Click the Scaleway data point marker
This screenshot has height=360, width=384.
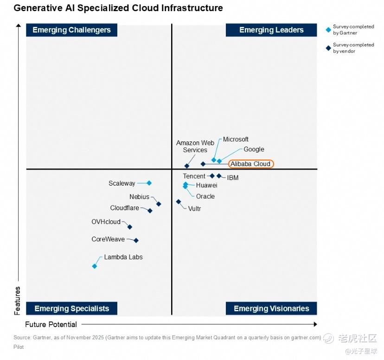[x=149, y=183]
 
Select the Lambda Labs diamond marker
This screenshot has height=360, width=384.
[x=95, y=266]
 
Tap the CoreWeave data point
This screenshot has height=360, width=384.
[x=136, y=240]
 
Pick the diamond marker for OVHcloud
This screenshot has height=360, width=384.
[x=130, y=227]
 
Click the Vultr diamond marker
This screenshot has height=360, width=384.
[x=179, y=202]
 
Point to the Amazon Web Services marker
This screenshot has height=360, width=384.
[x=187, y=166]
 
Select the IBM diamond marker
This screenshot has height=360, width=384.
[x=219, y=176]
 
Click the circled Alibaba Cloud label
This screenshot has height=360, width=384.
[x=251, y=164]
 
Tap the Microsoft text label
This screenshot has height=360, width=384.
[x=236, y=139]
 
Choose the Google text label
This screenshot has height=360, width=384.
[x=254, y=149]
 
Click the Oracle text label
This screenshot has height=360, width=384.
[x=205, y=196]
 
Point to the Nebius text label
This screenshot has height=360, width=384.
[x=139, y=197]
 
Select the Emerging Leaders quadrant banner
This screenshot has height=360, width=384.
[x=271, y=30]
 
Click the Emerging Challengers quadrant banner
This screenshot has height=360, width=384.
[x=71, y=30]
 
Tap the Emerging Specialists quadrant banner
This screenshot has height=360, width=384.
[x=71, y=309]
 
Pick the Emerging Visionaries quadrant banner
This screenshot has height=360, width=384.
[x=271, y=309]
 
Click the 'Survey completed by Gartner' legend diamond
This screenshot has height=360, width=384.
[x=328, y=30]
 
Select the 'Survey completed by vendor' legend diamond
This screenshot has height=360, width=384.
[x=328, y=48]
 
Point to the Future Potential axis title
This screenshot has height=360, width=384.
[x=51, y=324]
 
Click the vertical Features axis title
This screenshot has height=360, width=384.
[x=18, y=300]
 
